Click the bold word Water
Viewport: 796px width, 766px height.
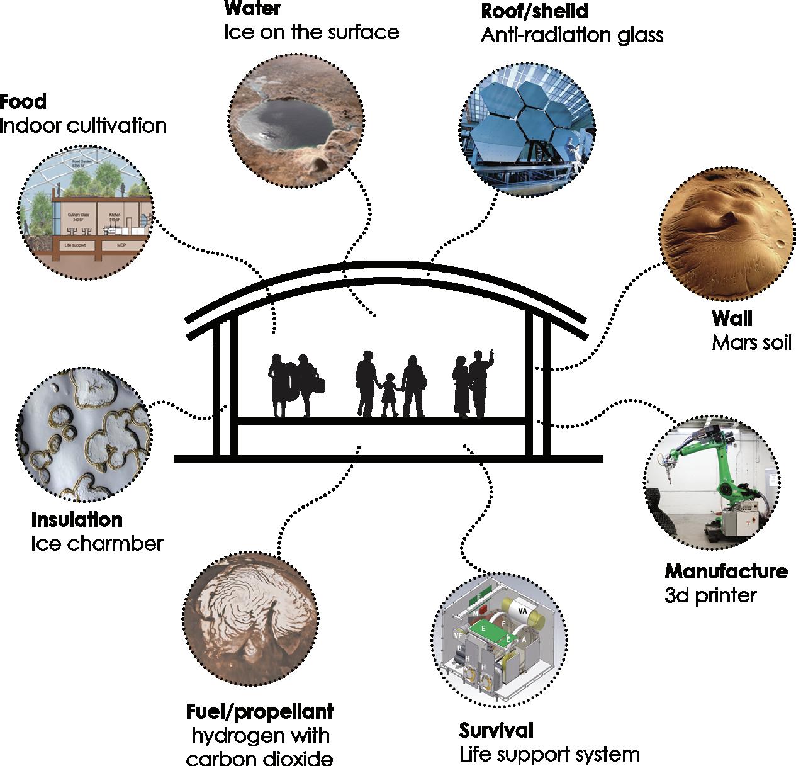pos(252,9)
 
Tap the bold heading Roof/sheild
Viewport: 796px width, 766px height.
pos(534,11)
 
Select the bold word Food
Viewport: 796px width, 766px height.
pos(23,101)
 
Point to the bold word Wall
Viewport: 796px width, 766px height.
pos(732,318)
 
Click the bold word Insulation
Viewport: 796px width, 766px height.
pos(77,519)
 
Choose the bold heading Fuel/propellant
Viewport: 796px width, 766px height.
pos(260,712)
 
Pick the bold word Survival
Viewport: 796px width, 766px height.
pos(496,730)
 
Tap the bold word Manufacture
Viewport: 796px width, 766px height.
pos(726,571)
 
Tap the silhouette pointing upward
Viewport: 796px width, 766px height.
pos(479,383)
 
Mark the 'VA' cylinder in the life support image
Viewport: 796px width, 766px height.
pos(522,611)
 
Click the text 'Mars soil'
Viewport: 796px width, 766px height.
pos(751,342)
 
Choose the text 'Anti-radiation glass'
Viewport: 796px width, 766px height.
pos(572,35)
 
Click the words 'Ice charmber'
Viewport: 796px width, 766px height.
pos(97,543)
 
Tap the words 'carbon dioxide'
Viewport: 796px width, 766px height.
pos(260,758)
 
